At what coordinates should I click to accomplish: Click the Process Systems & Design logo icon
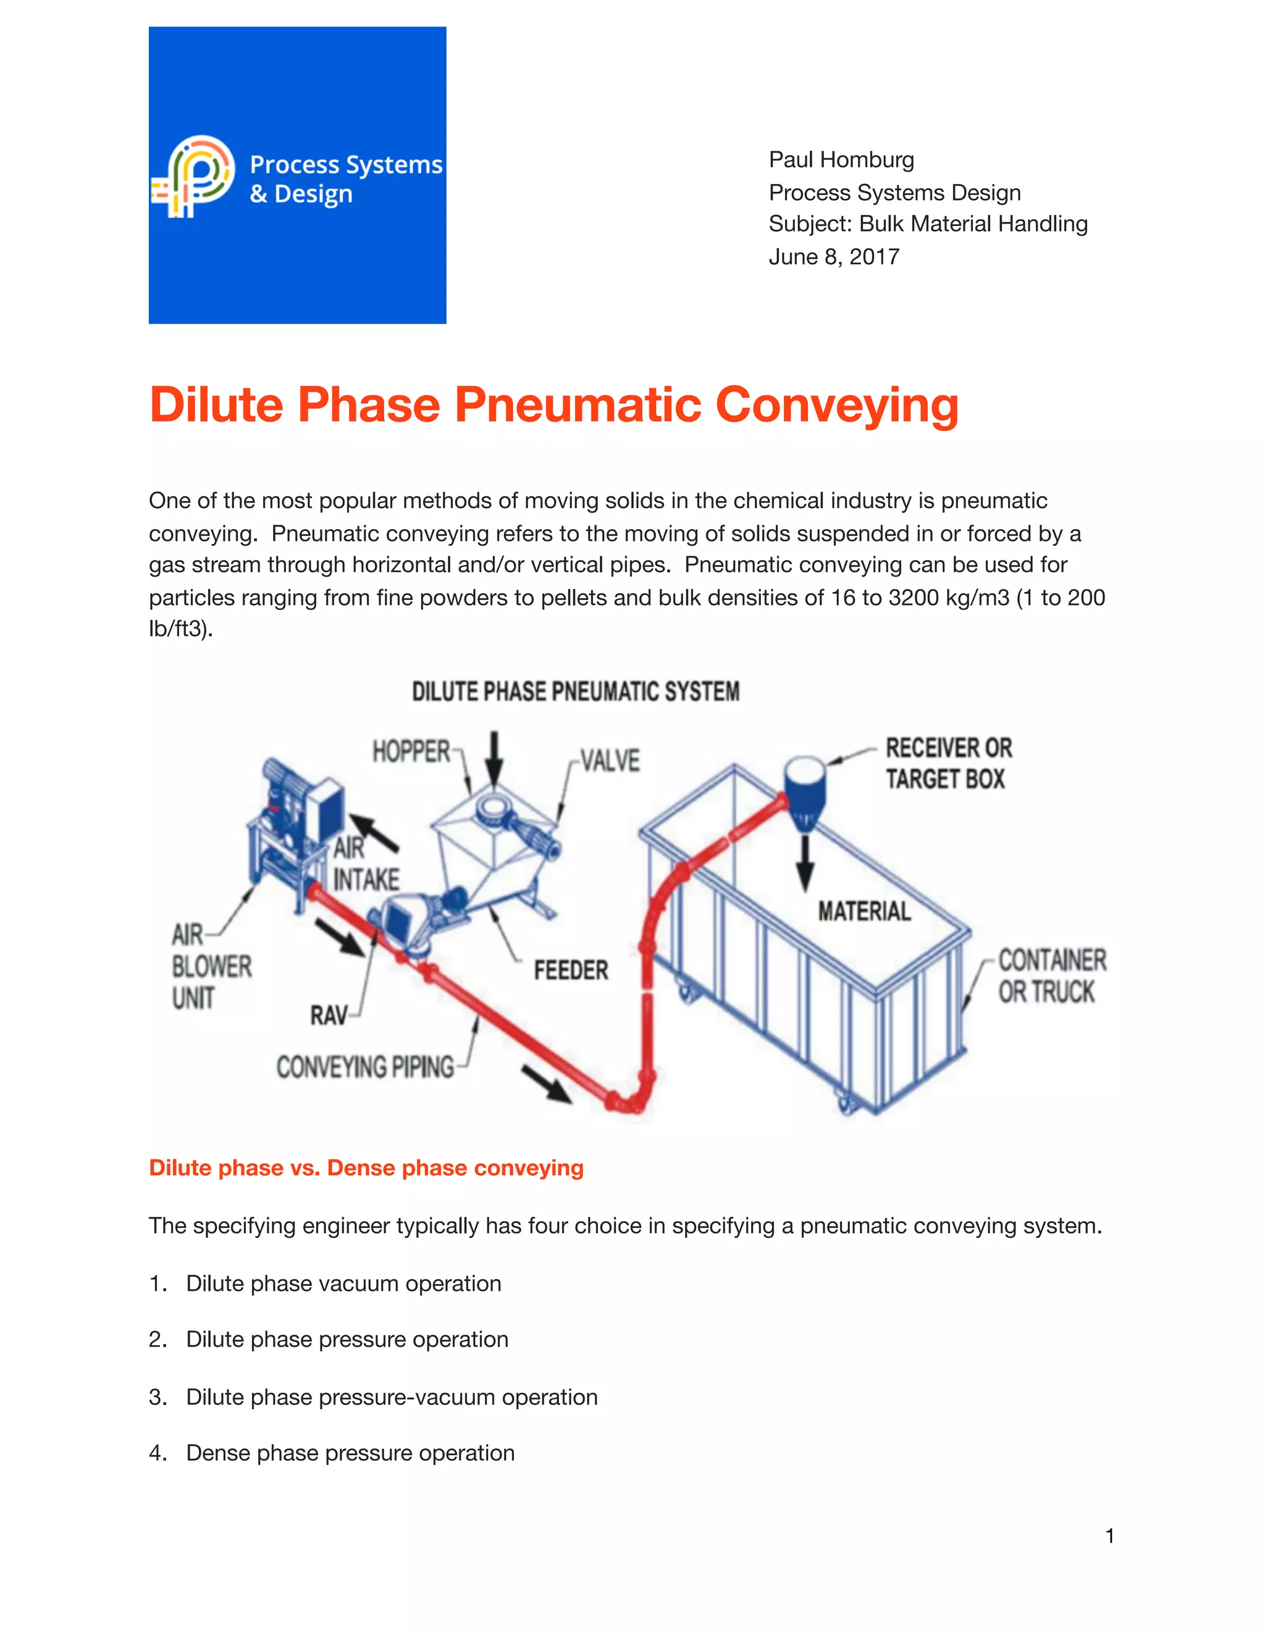(193, 177)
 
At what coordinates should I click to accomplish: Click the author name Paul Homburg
(841, 159)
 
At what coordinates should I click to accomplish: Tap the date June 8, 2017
(833, 257)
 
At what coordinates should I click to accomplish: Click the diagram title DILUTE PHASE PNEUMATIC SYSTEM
(576, 691)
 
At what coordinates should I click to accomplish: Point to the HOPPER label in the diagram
(411, 751)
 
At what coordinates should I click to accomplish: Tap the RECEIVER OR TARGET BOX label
(948, 763)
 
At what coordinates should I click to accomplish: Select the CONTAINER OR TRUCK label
(1051, 976)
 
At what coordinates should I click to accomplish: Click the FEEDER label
(570, 971)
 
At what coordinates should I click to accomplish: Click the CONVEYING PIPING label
(365, 1067)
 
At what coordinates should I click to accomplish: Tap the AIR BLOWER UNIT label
(211, 966)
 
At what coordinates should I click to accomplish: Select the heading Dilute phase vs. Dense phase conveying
(366, 1168)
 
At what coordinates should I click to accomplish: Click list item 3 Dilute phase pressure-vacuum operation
(391, 1397)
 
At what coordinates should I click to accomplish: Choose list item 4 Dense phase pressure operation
(350, 1453)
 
